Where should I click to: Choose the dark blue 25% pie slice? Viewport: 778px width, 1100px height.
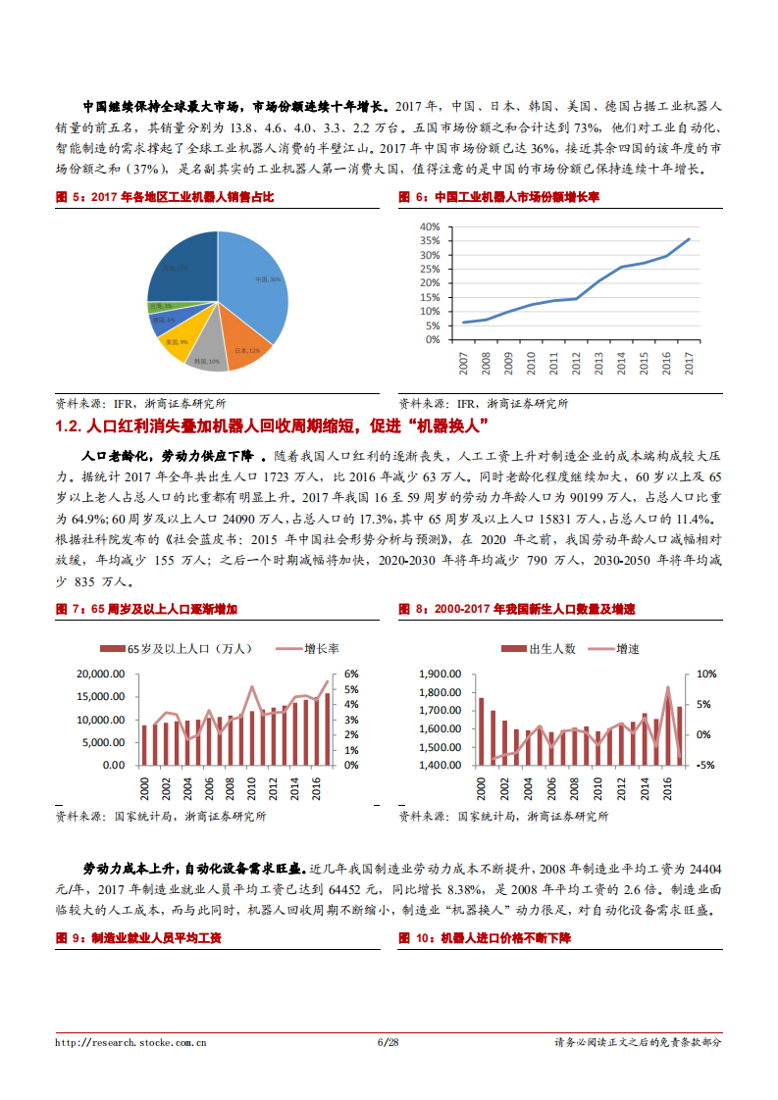182,265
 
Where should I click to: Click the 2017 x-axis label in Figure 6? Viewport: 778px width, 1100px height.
689,363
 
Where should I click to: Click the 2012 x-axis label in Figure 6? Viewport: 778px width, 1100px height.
576,363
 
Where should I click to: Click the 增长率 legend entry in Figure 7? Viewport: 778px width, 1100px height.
309,648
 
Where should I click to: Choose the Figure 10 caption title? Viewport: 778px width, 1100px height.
485,938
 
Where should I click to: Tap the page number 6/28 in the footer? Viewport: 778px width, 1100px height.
389,1042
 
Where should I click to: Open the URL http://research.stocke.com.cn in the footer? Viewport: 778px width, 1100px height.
130,1042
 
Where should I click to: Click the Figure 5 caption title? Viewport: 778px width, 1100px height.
164,197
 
